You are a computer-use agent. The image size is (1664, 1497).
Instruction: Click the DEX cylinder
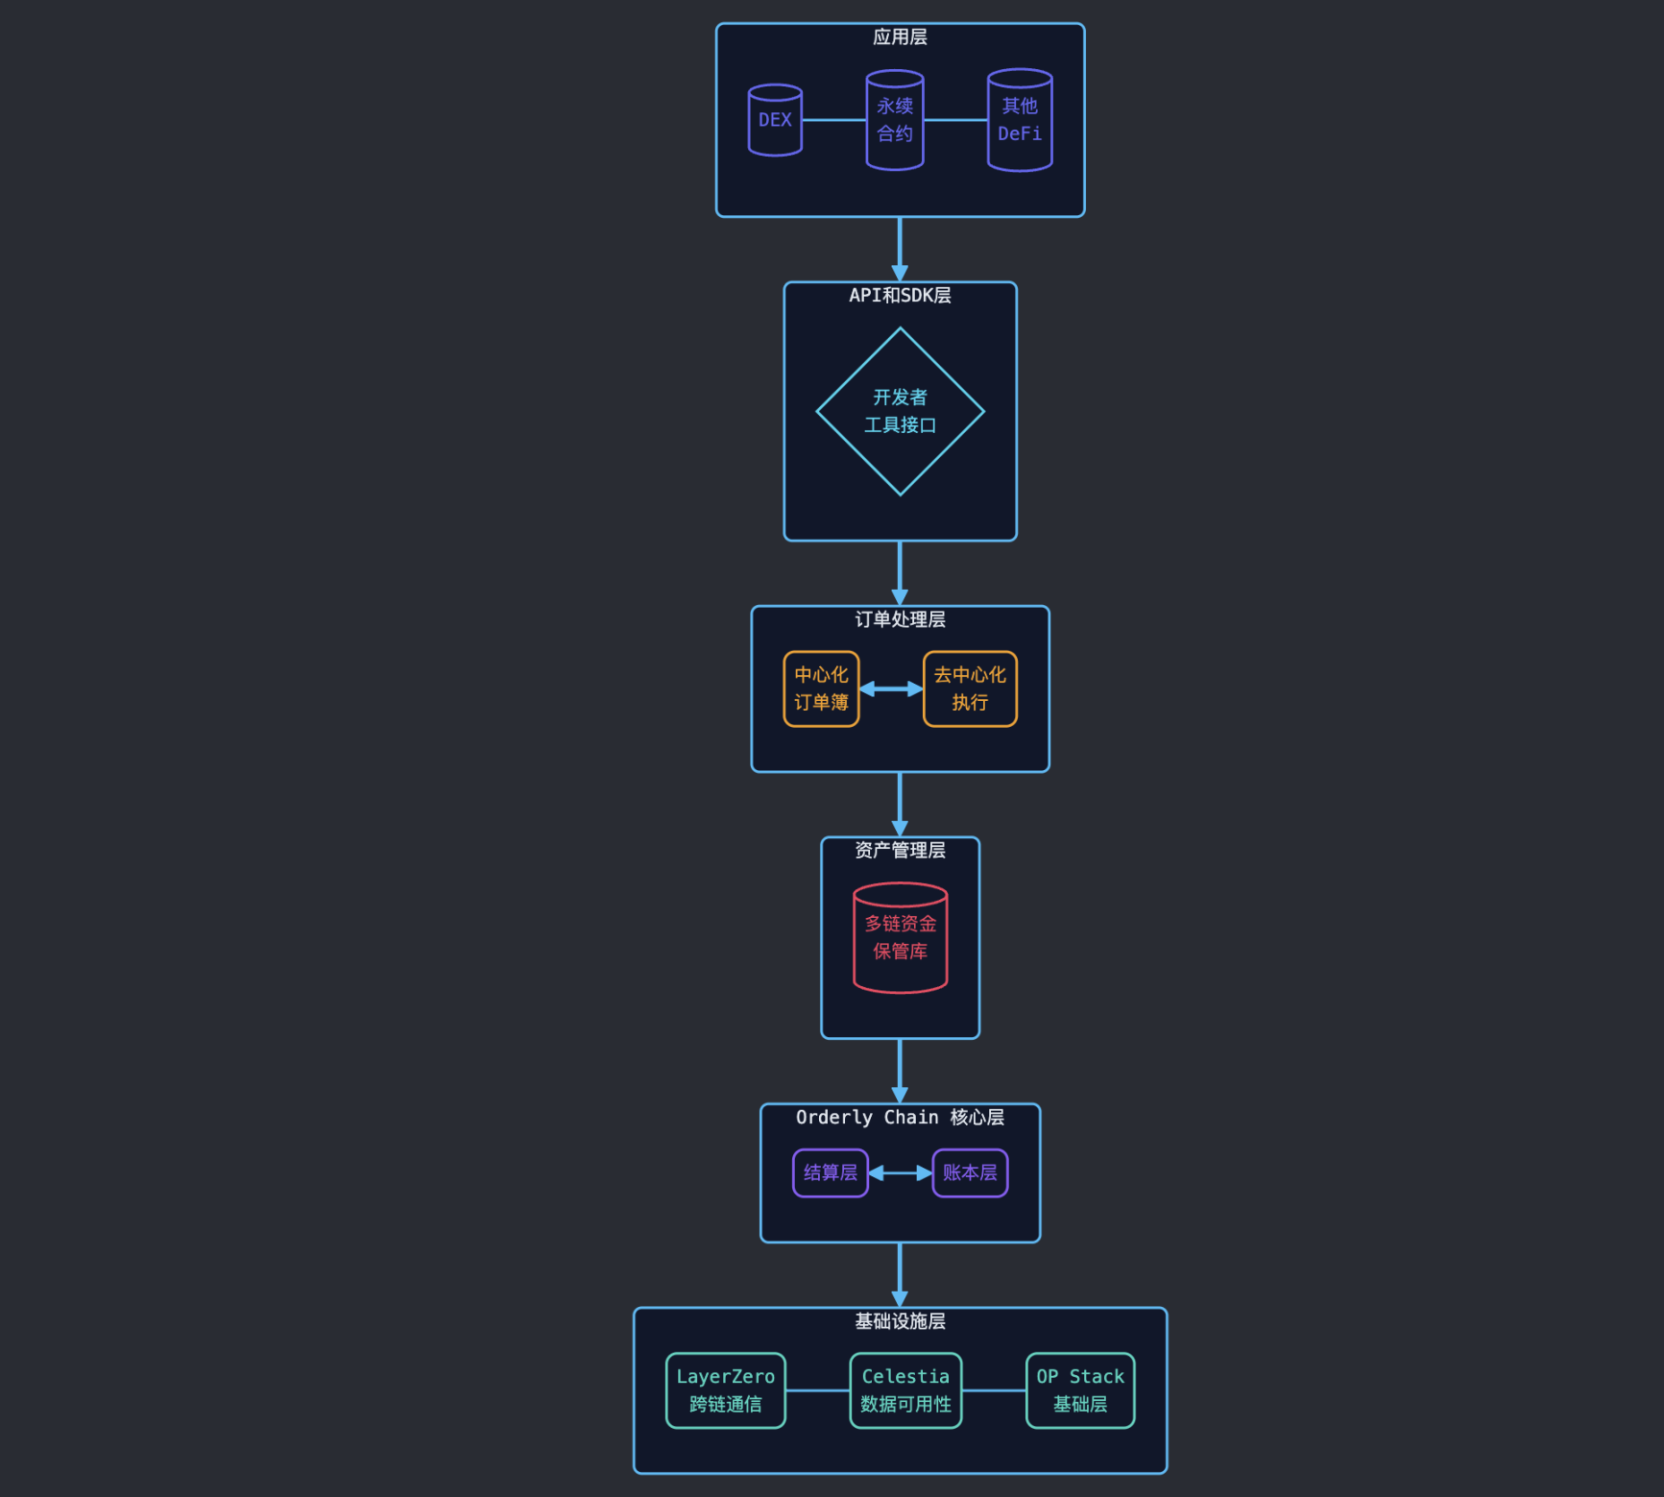[x=775, y=120]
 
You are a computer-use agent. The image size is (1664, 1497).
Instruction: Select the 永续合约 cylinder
[x=895, y=120]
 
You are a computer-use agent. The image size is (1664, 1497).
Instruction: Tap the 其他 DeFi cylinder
[x=1020, y=120]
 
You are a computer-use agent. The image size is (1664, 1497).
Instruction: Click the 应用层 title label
[x=900, y=37]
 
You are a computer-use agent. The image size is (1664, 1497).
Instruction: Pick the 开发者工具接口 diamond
[x=900, y=411]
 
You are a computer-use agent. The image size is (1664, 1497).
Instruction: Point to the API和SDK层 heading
[x=900, y=296]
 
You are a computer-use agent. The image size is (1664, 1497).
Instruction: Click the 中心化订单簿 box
[x=821, y=688]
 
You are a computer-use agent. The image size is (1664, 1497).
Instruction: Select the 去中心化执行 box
[x=970, y=688]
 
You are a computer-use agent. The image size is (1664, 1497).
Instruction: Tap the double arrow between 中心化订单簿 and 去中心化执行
[x=891, y=688]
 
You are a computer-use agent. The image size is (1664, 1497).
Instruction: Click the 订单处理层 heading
[x=900, y=619]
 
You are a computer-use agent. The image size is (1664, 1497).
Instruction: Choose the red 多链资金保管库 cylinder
[x=900, y=937]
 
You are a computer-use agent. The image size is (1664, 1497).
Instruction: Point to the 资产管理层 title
[x=900, y=850]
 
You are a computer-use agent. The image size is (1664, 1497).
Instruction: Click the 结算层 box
[x=831, y=1172]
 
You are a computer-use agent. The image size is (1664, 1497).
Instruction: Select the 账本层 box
[x=970, y=1172]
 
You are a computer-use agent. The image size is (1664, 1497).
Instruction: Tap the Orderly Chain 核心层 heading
[x=900, y=1118]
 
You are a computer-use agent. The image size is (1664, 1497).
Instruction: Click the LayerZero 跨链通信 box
[x=726, y=1390]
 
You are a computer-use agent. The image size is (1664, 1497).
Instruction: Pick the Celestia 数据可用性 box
[x=905, y=1390]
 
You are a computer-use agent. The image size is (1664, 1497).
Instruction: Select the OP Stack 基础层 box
[x=1080, y=1390]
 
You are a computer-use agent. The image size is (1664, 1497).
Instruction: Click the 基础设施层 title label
[x=900, y=1321]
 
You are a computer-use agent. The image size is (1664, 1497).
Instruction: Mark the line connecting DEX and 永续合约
[x=833, y=120]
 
